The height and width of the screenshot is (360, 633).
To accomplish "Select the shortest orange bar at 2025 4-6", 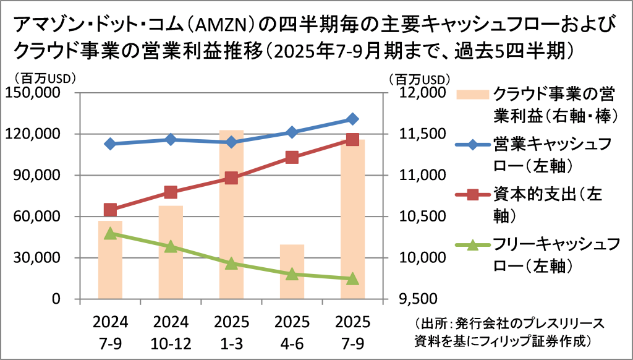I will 292,272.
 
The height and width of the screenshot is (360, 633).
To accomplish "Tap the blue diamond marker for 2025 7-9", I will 352,119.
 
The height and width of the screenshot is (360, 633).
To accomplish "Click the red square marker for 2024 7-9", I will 111,210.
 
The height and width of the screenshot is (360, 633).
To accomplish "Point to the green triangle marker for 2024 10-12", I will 171,247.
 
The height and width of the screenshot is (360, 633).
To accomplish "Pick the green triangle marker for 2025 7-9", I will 352,278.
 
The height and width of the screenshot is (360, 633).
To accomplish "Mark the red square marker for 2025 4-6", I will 292,157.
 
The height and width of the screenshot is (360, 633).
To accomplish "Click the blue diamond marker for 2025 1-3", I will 232,142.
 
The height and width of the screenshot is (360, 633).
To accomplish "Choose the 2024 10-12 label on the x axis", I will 171,332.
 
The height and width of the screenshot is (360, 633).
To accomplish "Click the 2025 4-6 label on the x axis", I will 292,332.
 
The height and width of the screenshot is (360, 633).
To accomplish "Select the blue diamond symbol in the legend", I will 472,145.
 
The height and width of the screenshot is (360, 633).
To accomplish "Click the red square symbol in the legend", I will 472,196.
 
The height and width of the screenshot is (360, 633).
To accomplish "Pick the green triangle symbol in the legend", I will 472,246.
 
